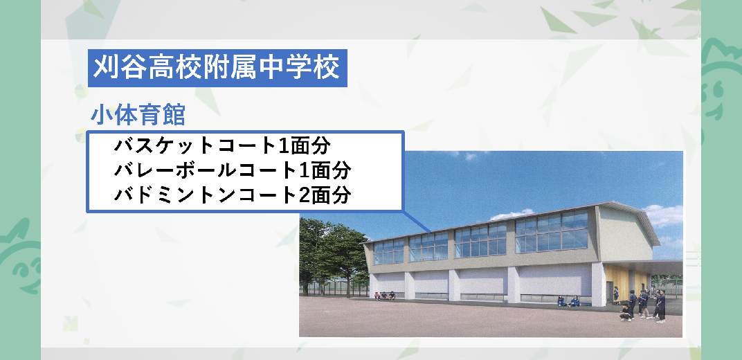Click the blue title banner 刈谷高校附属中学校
[217, 68]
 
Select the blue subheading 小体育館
[138, 116]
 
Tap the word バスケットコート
[194, 145]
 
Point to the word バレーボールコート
[206, 170]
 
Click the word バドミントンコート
[206, 195]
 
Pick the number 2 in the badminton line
[305, 195]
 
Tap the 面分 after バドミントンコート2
[331, 195]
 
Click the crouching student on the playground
[626, 313]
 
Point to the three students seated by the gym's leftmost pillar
[384, 296]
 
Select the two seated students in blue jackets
[568, 301]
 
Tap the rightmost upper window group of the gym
[552, 233]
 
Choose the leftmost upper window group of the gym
[388, 251]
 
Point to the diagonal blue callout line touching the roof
[417, 221]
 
